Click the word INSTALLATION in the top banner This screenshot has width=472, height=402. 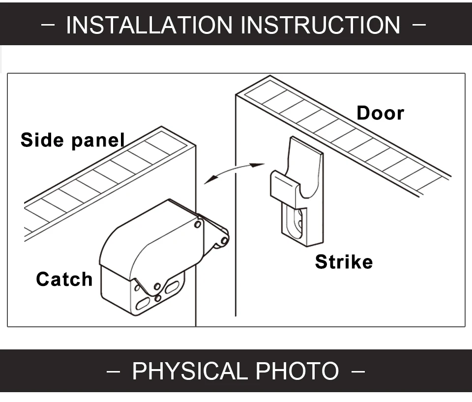(149, 25)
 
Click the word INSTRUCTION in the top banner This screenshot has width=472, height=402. (321, 25)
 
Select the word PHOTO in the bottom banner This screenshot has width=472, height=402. (297, 371)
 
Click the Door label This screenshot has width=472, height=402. (380, 113)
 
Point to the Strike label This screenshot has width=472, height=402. (344, 262)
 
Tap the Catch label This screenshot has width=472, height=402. (64, 279)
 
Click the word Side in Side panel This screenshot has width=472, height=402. (42, 140)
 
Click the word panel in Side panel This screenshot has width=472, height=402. (98, 141)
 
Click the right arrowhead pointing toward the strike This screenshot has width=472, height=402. (257, 165)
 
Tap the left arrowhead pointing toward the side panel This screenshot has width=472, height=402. (210, 180)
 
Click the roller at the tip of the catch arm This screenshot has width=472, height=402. (224, 241)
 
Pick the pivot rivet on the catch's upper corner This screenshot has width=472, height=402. (198, 225)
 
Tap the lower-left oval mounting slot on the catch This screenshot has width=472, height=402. (143, 303)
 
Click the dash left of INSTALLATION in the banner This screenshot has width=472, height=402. (48, 25)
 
